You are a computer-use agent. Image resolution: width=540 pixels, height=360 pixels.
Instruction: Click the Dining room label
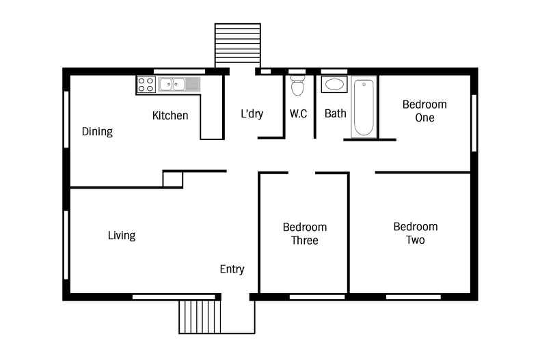97,132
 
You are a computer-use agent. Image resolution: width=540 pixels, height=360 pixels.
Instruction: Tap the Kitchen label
170,115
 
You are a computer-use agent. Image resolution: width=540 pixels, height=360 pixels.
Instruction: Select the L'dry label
252,114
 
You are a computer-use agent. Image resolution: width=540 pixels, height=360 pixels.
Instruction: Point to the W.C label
298,113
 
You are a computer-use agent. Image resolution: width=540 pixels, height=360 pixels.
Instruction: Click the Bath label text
335,113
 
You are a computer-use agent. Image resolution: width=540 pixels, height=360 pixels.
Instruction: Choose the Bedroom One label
424,111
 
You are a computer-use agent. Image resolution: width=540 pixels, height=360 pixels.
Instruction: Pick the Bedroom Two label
415,233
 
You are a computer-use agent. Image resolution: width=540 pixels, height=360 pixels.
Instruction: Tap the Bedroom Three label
304,234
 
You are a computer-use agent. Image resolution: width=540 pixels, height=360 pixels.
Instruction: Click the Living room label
122,236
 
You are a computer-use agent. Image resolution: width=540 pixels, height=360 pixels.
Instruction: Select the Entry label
232,269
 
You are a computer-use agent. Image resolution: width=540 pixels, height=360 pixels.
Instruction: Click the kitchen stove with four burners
146,85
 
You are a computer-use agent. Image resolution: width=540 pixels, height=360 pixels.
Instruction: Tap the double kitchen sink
173,85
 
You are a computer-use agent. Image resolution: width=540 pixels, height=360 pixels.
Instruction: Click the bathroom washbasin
334,85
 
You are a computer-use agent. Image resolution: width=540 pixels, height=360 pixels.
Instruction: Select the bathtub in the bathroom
364,107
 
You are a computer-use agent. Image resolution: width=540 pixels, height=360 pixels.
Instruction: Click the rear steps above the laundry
237,44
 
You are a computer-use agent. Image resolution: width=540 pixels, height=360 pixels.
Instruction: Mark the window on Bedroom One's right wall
473,123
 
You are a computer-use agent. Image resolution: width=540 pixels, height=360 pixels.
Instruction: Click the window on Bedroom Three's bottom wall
307,297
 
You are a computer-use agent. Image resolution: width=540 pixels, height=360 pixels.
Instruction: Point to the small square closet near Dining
172,179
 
